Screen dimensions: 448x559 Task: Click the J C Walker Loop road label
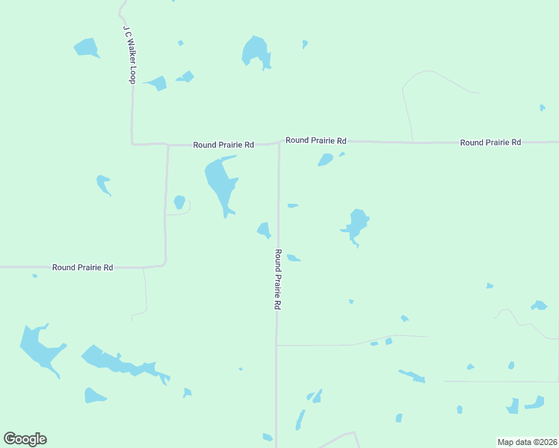(x=129, y=55)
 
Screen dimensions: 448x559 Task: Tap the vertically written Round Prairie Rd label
(x=277, y=280)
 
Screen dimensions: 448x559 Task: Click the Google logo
(x=25, y=439)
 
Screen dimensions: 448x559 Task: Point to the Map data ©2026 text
(x=527, y=442)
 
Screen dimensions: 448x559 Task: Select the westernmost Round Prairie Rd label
(x=82, y=267)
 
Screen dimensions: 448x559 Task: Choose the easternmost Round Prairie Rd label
(x=490, y=142)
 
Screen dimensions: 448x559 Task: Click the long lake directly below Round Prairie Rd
(x=220, y=184)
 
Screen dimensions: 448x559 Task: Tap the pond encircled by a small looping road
(x=179, y=202)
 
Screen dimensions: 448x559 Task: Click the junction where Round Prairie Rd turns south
(x=279, y=143)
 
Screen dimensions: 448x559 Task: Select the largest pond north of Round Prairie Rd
(x=255, y=52)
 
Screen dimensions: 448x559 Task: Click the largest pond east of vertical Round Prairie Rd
(x=356, y=225)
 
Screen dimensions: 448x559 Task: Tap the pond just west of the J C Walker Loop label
(x=87, y=48)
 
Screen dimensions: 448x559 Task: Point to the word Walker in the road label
(x=129, y=52)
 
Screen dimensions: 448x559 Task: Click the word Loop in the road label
(x=130, y=75)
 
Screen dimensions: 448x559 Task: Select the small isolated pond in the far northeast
(x=543, y=108)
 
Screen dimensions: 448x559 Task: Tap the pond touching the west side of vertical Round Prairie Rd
(x=264, y=230)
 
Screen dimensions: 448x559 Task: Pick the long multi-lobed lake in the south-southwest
(x=120, y=363)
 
